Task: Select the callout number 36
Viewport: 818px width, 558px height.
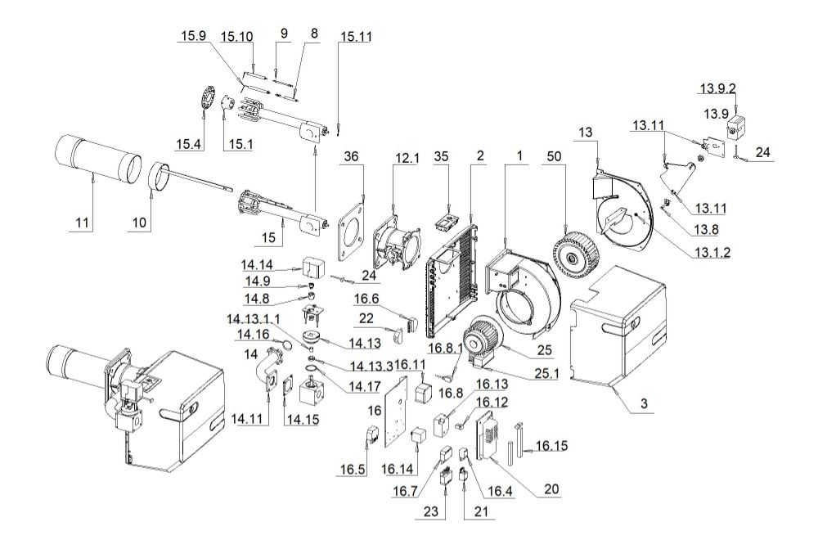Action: [x=351, y=156]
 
